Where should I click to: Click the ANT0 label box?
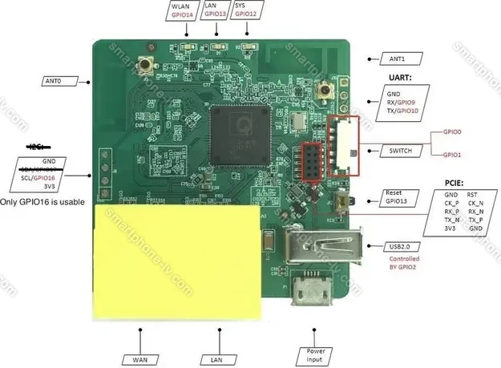click(53, 80)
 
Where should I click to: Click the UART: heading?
click(399, 78)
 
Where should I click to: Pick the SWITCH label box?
click(402, 150)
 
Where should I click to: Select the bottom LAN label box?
click(216, 359)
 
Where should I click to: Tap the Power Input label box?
click(314, 355)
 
